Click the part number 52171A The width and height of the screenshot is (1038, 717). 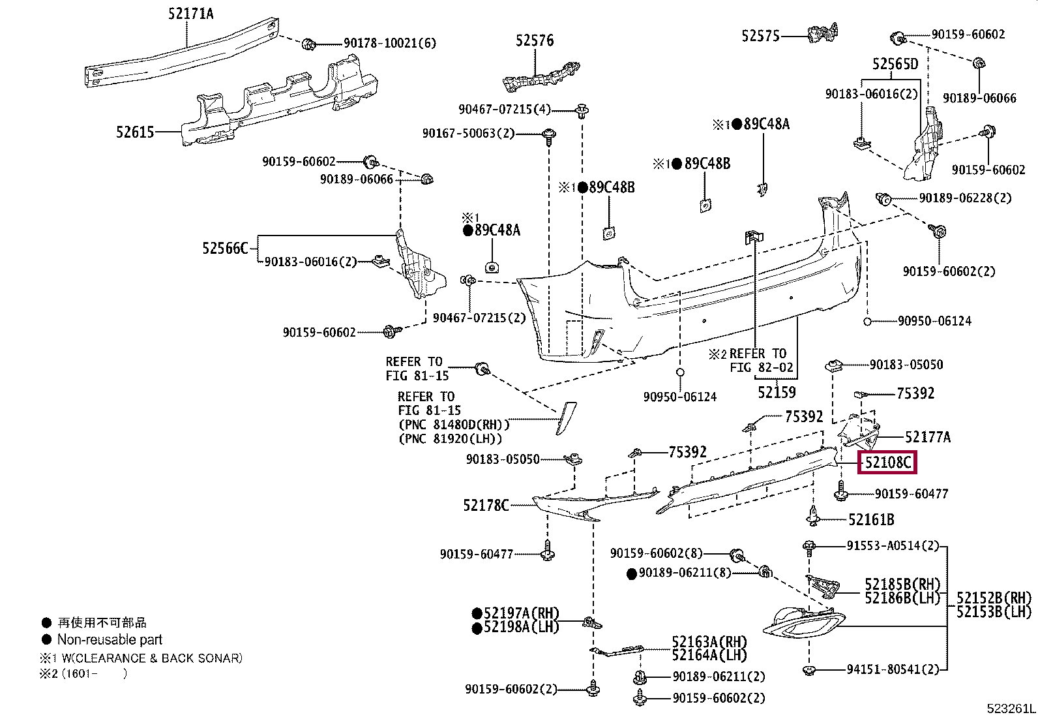(x=190, y=14)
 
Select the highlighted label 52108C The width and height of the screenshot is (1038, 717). (x=887, y=463)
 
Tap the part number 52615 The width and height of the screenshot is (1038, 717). (x=135, y=132)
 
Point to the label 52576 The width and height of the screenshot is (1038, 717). (x=535, y=40)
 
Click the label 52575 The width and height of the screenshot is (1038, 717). (x=760, y=36)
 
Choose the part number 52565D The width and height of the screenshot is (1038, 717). (x=895, y=63)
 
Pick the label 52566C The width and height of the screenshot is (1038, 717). (x=225, y=248)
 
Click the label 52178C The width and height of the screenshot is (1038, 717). (x=486, y=505)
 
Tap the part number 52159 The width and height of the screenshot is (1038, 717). (x=777, y=392)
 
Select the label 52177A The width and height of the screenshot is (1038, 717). (x=928, y=437)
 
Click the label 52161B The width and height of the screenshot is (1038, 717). (x=871, y=519)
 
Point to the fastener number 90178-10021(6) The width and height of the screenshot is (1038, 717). (x=390, y=43)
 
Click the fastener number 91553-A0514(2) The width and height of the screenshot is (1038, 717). (x=893, y=545)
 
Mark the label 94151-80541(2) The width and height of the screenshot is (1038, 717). (x=893, y=669)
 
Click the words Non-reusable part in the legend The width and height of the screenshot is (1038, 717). (x=110, y=639)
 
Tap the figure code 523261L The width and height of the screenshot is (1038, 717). (x=1011, y=709)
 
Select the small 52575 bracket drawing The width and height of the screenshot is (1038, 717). (x=823, y=33)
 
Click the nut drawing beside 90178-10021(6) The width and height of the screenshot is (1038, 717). (x=308, y=44)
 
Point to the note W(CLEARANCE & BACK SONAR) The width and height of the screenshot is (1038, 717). (x=152, y=658)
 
